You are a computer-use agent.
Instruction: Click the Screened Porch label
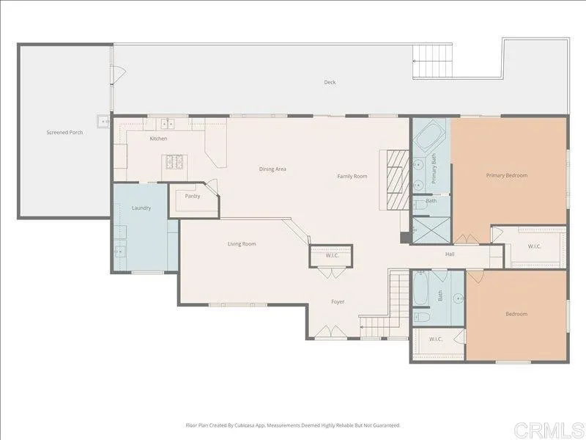(64, 133)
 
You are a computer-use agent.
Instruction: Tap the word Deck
(330, 82)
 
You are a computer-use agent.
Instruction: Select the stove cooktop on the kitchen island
(175, 161)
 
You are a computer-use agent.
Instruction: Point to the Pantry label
(193, 196)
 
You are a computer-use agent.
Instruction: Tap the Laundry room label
(141, 208)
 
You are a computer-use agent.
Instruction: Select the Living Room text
(241, 243)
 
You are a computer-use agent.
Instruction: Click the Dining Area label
(272, 169)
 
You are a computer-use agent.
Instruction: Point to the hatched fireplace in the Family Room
(395, 179)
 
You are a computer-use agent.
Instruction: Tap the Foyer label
(337, 301)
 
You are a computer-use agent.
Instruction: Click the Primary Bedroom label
(507, 175)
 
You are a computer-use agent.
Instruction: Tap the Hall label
(450, 254)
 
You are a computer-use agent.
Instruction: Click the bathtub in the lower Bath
(422, 289)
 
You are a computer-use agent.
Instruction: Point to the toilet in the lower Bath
(423, 318)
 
